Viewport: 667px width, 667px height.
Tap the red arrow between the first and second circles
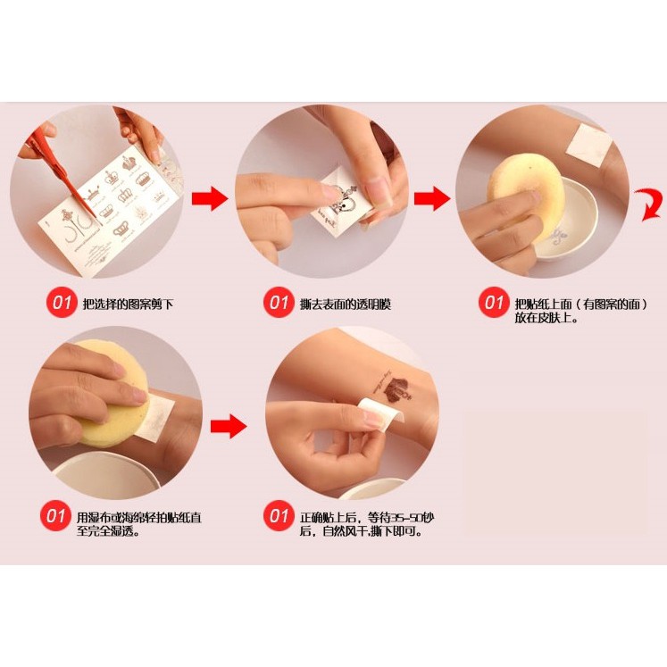[210, 198]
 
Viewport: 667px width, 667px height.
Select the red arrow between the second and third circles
[432, 198]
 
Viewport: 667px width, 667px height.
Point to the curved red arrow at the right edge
[649, 204]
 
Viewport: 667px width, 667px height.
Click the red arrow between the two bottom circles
[229, 426]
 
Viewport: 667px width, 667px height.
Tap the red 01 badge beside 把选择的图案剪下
[62, 303]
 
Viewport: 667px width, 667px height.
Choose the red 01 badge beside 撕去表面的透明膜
[279, 303]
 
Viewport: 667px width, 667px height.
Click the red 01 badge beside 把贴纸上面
[494, 303]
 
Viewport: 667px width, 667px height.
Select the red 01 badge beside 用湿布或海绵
[55, 516]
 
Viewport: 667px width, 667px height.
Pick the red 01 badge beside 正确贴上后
[279, 516]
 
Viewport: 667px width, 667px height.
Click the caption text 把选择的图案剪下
[128, 304]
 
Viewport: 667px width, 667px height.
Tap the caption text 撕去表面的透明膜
[345, 304]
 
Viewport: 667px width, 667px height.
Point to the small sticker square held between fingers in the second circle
[340, 201]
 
